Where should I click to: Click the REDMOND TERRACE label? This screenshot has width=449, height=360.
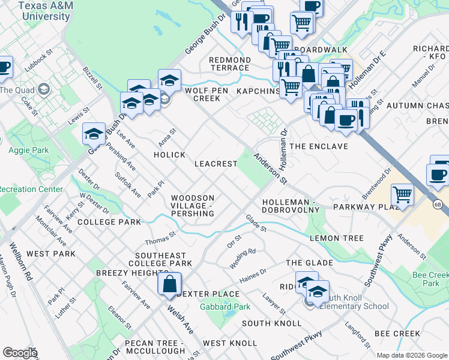point(229,64)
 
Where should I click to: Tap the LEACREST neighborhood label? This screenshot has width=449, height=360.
point(215,164)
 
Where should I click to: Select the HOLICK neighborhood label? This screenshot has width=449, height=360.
point(169,155)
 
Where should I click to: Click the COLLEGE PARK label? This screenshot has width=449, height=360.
point(109,222)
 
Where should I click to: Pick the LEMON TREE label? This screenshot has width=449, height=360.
point(336,238)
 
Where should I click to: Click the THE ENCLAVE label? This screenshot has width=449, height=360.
point(319,146)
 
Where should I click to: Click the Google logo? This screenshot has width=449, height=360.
point(20,353)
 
